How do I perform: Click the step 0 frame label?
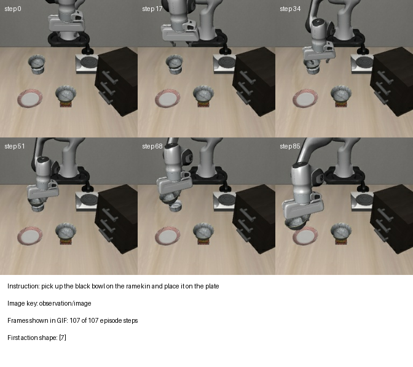[x=13, y=9]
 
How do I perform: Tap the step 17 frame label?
[x=152, y=9]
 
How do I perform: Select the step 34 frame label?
[x=290, y=9]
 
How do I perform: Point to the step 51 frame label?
[x=15, y=146]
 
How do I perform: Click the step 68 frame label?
[x=152, y=146]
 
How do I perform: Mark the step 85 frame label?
[x=290, y=146]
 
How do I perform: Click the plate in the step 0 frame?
[x=29, y=98]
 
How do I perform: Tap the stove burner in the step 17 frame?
[x=227, y=63]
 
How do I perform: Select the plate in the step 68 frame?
[x=168, y=236]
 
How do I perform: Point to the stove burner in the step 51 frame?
[x=89, y=199]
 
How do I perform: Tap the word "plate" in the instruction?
[x=212, y=286]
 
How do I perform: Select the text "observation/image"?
[x=65, y=303]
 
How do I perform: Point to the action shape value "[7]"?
[x=63, y=338]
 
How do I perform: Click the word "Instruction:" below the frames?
[x=23, y=286]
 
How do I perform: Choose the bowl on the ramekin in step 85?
[x=341, y=231]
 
